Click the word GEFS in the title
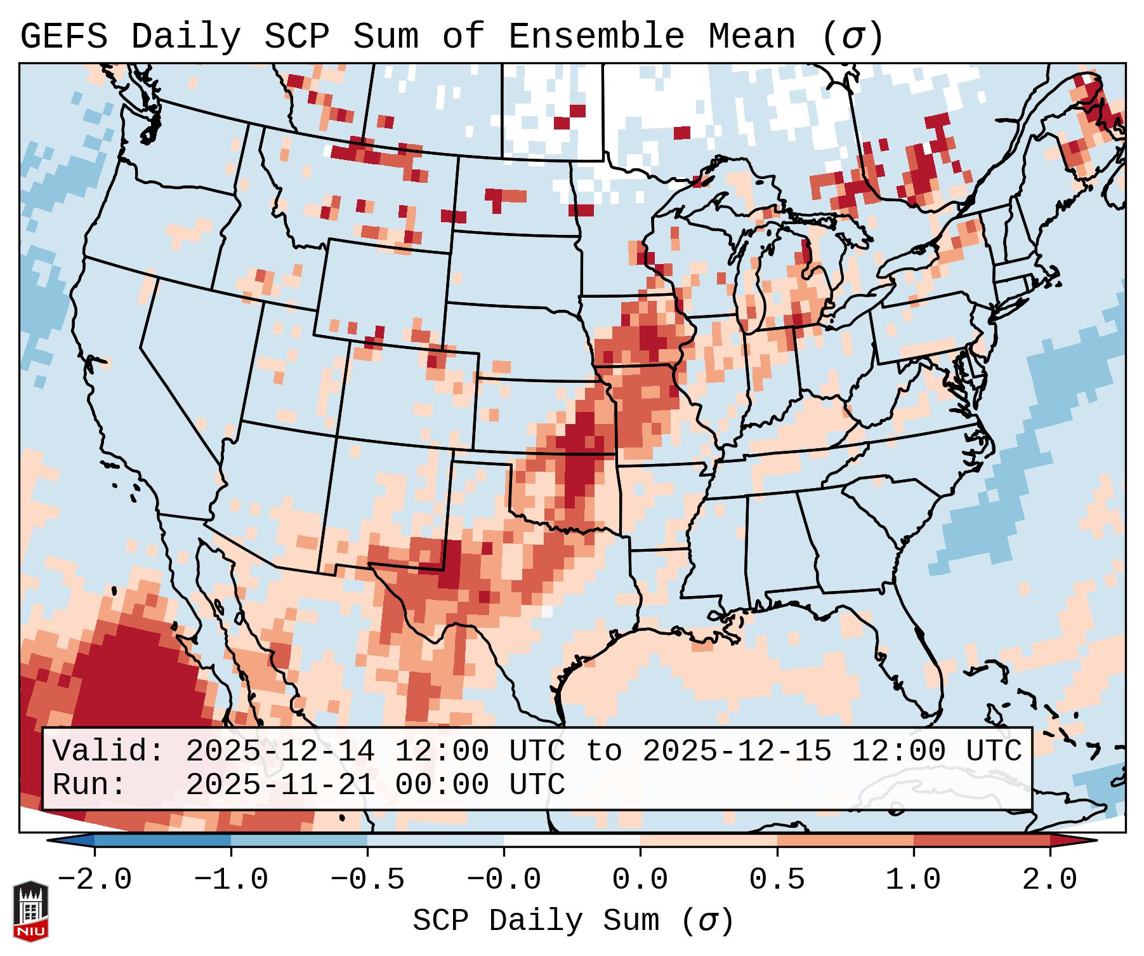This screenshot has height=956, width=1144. click(63, 37)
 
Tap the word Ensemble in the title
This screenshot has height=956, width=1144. click(596, 37)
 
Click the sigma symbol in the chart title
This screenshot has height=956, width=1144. click(852, 37)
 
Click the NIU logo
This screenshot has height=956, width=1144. click(30, 911)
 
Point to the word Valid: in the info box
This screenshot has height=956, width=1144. click(108, 752)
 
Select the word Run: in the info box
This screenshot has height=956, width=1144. click(89, 785)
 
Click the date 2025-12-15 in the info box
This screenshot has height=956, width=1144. click(737, 752)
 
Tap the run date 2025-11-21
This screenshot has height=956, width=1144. click(280, 785)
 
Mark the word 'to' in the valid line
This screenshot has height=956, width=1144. click(603, 752)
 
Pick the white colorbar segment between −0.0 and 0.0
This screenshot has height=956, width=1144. click(572, 840)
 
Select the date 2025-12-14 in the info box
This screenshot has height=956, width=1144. click(280, 752)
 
